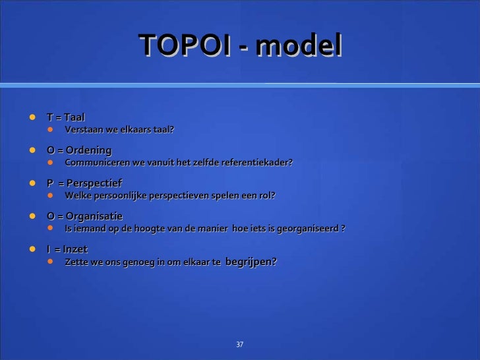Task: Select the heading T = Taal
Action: [66, 117]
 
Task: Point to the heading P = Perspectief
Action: [84, 183]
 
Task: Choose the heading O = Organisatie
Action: [84, 216]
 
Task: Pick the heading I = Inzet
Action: [67, 249]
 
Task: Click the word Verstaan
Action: [84, 129]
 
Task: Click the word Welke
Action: [78, 196]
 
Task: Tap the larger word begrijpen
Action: [251, 262]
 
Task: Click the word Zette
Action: [76, 262]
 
